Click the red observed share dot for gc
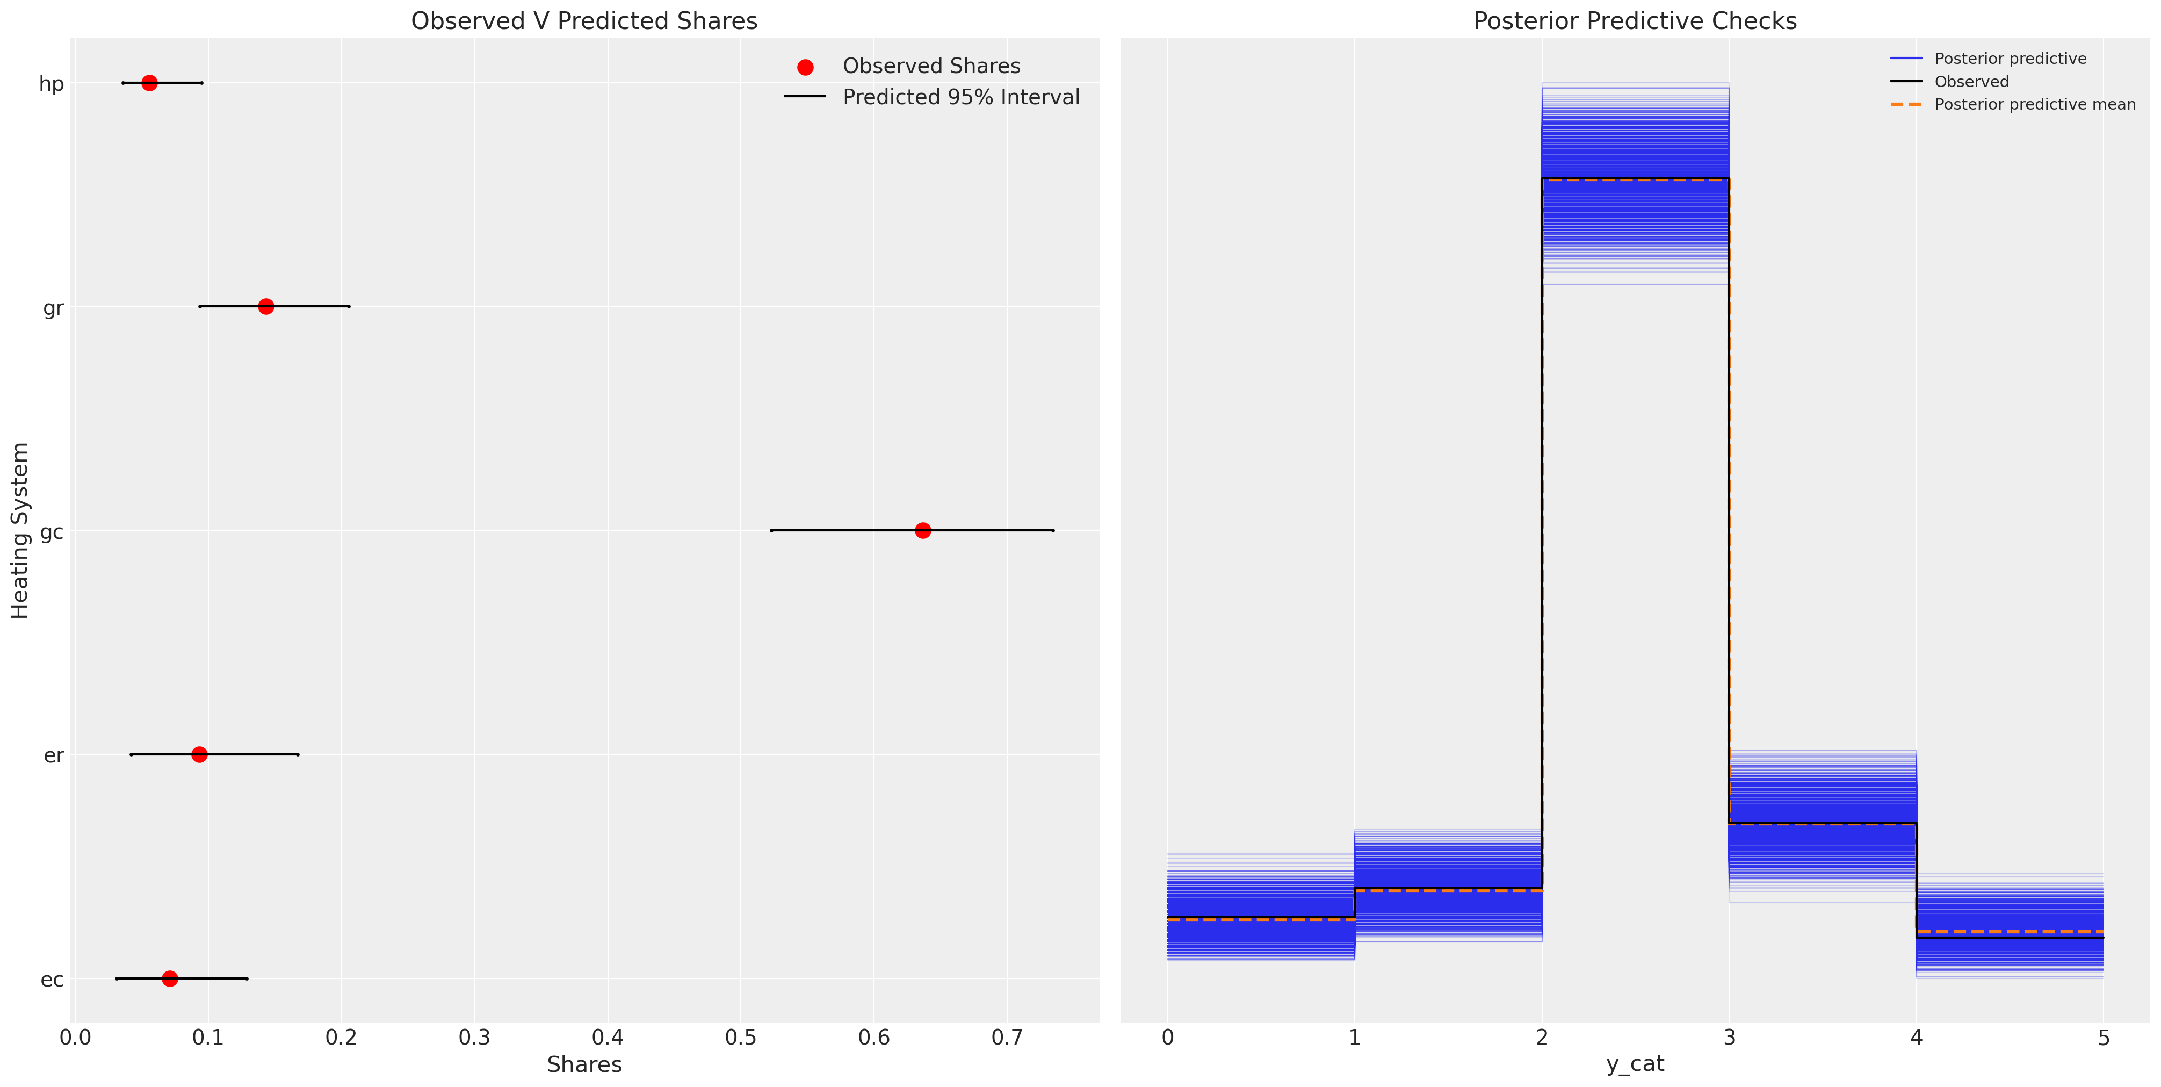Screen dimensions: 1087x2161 point(923,530)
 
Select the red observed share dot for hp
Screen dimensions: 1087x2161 point(149,83)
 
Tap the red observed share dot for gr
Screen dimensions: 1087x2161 point(266,306)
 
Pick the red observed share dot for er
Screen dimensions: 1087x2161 point(199,754)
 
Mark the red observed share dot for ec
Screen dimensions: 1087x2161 point(169,978)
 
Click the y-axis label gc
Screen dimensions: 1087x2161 point(52,531)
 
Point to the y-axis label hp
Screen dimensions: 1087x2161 point(52,84)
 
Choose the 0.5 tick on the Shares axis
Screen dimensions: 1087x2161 point(741,1038)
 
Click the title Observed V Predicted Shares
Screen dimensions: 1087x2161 point(584,21)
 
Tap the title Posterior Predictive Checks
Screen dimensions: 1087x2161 point(1635,21)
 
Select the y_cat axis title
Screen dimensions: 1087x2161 point(1635,1064)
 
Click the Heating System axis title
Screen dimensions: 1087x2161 point(20,530)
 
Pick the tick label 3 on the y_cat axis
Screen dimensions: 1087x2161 point(1729,1038)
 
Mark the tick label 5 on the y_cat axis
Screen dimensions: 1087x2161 point(2103,1038)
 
